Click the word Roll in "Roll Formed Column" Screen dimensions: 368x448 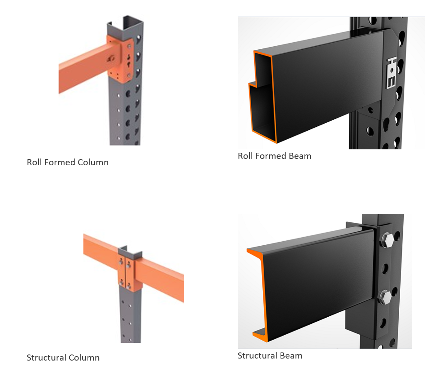tap(34, 163)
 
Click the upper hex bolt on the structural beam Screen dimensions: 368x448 tap(387, 241)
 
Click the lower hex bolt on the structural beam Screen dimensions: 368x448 tap(385, 297)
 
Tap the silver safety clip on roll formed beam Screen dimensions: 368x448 tap(391, 73)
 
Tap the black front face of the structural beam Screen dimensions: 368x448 tap(318, 284)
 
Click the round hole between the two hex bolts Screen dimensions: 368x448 tap(385, 269)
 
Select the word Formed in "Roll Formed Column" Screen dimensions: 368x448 tap(60, 163)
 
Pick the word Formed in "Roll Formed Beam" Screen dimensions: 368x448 tap(271, 156)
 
